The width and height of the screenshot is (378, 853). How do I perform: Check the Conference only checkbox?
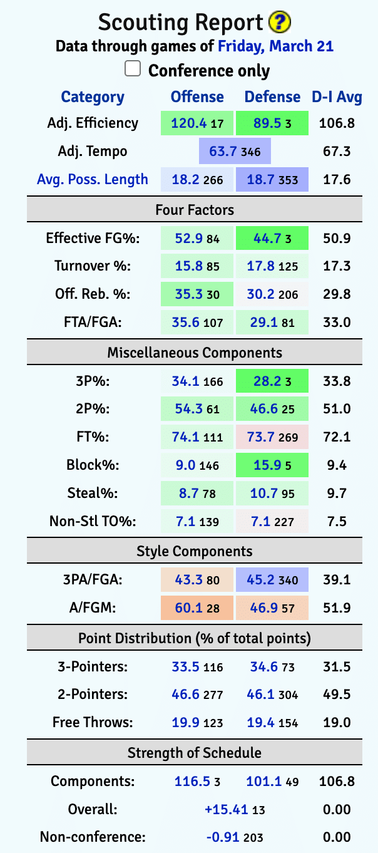pyautogui.click(x=133, y=68)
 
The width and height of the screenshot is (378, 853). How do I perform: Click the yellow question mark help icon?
pyautogui.click(x=280, y=23)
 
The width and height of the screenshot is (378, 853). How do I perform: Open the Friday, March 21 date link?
pyautogui.click(x=275, y=46)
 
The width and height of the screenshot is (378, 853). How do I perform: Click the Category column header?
pyautogui.click(x=93, y=96)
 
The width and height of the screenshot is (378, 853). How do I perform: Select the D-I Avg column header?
pyautogui.click(x=337, y=96)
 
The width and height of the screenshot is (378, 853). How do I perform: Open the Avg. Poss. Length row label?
pyautogui.click(x=93, y=180)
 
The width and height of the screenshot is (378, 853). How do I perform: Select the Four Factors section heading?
pyautogui.click(x=195, y=209)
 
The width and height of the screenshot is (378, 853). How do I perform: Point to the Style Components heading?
pyautogui.click(x=195, y=551)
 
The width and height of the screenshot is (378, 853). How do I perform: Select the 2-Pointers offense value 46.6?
pyautogui.click(x=185, y=695)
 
